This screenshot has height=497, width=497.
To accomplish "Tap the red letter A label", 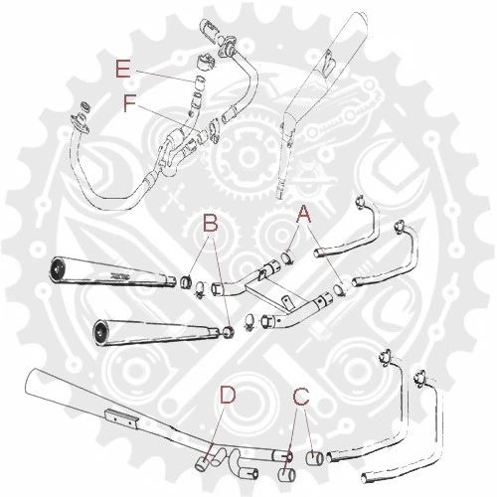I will [305, 212].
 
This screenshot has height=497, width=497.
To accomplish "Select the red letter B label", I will [210, 224].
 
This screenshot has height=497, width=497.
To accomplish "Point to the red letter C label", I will [300, 397].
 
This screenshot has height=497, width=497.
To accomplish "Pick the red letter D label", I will [228, 396].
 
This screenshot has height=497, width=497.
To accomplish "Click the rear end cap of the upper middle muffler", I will [58, 267].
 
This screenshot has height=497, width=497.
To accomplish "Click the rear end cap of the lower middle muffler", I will [99, 331].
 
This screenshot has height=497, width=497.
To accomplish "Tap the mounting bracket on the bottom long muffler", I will [122, 420].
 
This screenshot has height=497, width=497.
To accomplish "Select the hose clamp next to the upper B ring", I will [199, 292].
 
